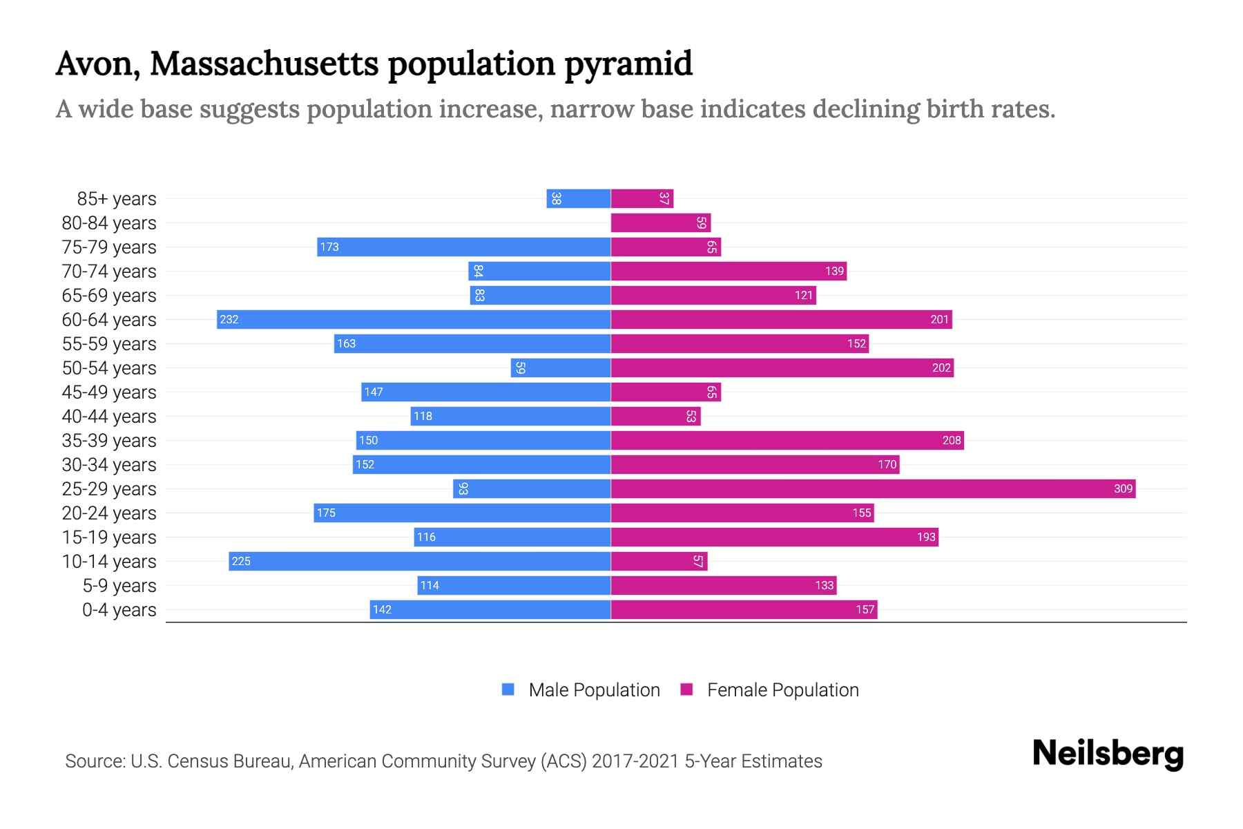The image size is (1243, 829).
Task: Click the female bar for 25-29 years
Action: point(873,489)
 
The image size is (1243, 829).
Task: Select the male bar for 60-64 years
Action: point(414,320)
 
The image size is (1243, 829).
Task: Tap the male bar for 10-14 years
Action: point(419,562)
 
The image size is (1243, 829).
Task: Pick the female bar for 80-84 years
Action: point(661,223)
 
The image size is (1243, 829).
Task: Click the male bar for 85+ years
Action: point(579,199)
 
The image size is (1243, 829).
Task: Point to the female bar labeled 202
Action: point(782,368)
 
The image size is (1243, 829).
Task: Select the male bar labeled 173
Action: point(464,247)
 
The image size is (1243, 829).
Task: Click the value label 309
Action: point(1123,489)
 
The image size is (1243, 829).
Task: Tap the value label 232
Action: point(229,320)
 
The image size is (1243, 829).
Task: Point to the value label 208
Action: point(952,441)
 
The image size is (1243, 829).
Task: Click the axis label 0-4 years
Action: point(119,610)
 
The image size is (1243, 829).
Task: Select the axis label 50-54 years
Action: point(109,368)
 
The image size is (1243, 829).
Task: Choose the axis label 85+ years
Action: point(117,199)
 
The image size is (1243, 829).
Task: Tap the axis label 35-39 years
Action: point(109,441)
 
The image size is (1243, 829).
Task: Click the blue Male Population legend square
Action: point(508,689)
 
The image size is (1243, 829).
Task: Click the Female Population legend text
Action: point(782,690)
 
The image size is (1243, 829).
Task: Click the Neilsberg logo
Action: point(1108,754)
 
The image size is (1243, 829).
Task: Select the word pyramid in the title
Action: point(628,64)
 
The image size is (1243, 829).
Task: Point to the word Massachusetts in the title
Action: point(264,64)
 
